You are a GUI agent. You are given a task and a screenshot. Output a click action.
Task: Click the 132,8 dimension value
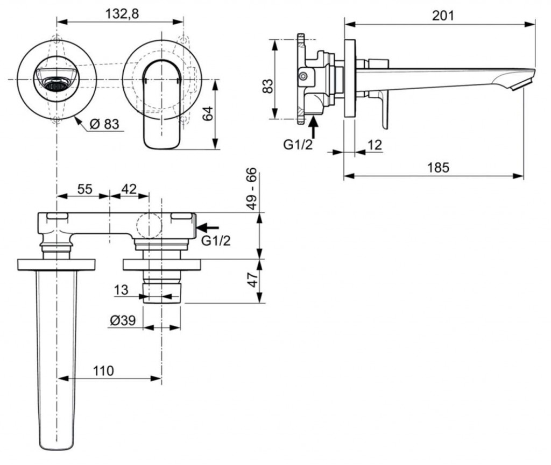tap(122, 14)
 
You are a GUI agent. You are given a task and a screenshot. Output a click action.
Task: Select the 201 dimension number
tap(443, 15)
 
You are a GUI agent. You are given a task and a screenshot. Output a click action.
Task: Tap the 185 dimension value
tap(438, 167)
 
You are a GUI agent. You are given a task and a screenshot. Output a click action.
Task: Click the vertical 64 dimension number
tap(208, 113)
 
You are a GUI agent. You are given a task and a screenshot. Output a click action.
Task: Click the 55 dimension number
tap(85, 189)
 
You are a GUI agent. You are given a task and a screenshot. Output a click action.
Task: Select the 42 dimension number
tap(128, 189)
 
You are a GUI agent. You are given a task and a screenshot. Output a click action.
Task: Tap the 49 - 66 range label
tap(251, 190)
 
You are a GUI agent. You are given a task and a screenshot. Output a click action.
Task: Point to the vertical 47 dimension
tap(251, 281)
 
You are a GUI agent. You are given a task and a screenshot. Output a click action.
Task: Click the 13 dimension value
tap(121, 290)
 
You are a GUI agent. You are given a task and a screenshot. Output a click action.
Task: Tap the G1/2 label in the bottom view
tap(216, 241)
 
